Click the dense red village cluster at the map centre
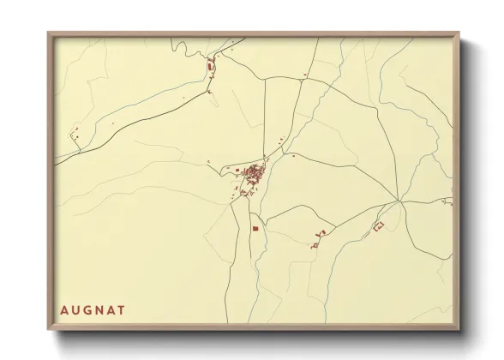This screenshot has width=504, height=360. coord(253,177)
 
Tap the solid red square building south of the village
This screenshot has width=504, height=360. coord(255,228)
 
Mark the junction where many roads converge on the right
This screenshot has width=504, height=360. coord(400,203)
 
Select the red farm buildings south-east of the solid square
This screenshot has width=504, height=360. coord(319,237)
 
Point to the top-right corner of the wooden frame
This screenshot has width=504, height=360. coord(460,33)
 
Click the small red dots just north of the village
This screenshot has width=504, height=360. coord(281,141)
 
